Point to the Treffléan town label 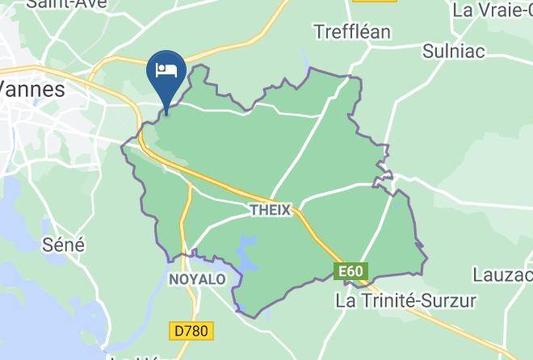coord(351,31)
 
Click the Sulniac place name coord(455,51)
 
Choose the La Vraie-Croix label coord(493,10)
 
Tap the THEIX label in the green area coord(270,209)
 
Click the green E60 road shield coord(350,272)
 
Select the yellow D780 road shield coord(191,330)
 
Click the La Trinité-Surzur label coord(406,300)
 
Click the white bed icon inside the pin coord(166,68)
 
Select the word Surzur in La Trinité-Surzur coord(448,300)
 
